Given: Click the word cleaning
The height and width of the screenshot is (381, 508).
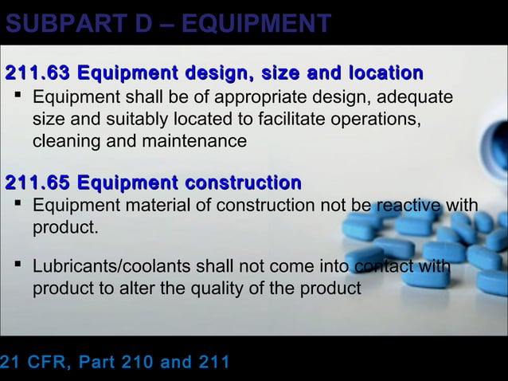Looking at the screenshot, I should point(64,142).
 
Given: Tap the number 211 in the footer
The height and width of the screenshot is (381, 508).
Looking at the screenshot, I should point(211,363).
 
